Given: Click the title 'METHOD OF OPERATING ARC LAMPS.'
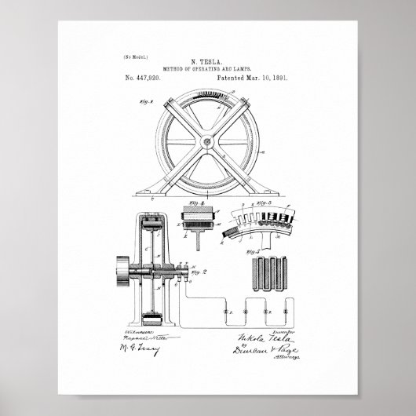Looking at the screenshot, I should coord(208,69).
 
